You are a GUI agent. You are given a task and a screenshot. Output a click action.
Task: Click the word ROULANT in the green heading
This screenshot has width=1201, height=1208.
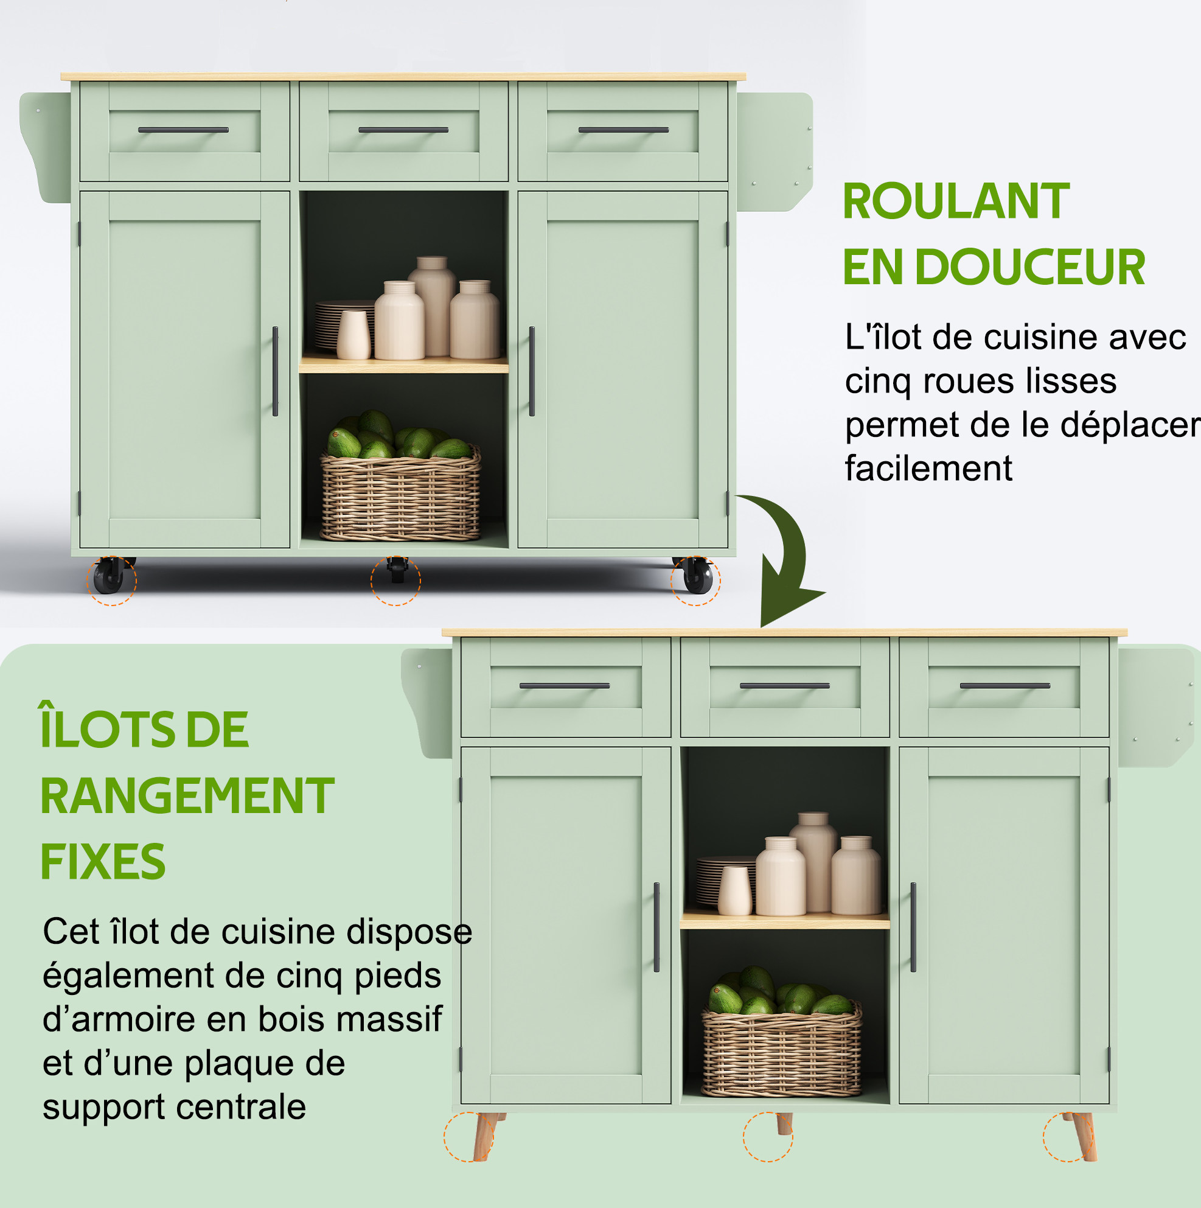pyautogui.click(x=956, y=201)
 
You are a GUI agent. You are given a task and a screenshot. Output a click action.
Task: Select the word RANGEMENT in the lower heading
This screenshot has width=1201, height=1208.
pyautogui.click(x=187, y=796)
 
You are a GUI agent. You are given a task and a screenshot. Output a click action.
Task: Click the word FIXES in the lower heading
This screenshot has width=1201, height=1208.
pyautogui.click(x=103, y=862)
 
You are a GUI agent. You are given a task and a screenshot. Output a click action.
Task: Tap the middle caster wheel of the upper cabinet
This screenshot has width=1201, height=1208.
pyautogui.click(x=396, y=570)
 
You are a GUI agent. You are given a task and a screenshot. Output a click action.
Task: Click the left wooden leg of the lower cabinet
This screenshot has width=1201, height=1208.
pyautogui.click(x=487, y=1136)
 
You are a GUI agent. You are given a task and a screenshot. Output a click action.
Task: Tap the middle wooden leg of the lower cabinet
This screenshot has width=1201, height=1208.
pyautogui.click(x=784, y=1123)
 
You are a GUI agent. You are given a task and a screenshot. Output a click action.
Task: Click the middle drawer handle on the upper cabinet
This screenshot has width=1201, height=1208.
pyautogui.click(x=403, y=130)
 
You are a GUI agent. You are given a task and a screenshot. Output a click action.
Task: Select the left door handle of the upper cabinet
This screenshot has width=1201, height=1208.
pyautogui.click(x=275, y=371)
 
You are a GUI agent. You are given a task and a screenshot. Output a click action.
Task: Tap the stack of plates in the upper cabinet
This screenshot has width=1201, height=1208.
pyautogui.click(x=344, y=326)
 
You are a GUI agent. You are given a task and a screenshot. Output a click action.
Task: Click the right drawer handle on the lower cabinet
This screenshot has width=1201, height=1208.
pyautogui.click(x=1004, y=686)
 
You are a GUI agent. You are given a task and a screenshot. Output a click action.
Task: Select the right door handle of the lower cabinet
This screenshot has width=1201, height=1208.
pyautogui.click(x=913, y=927)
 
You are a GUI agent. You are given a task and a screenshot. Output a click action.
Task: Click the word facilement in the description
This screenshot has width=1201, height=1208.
pyautogui.click(x=928, y=469)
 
